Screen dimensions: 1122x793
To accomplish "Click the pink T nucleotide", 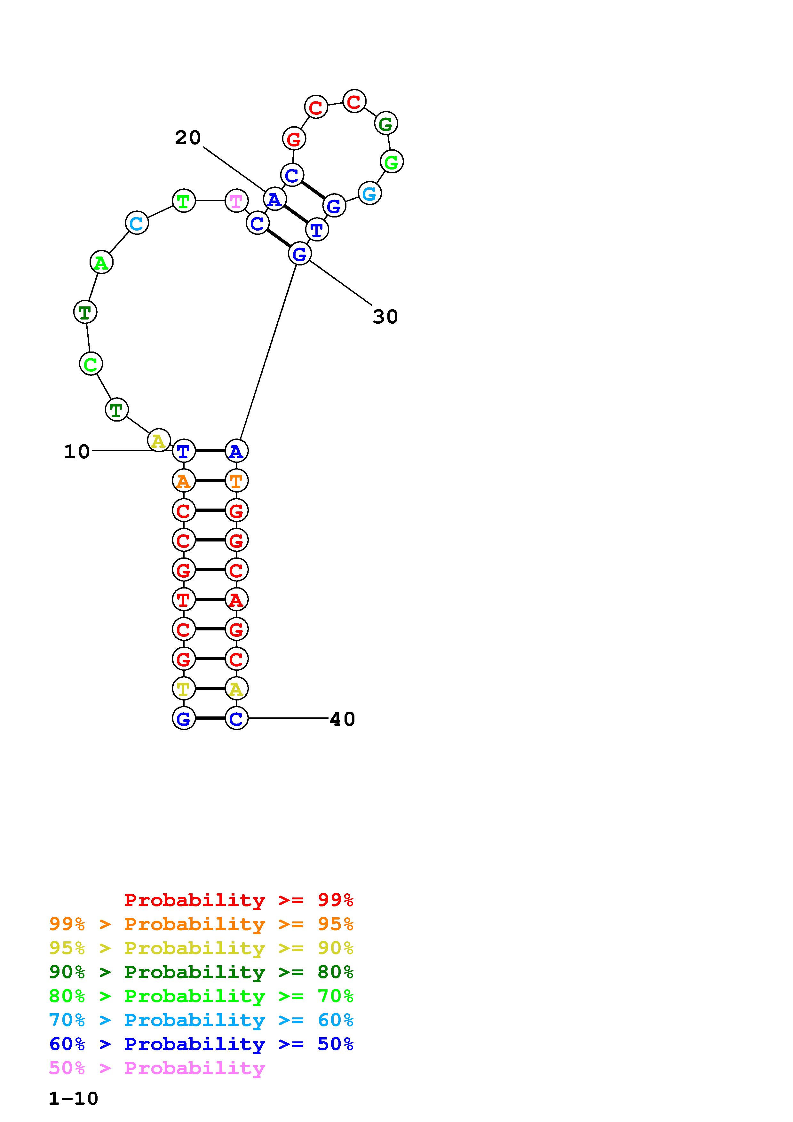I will (x=236, y=201).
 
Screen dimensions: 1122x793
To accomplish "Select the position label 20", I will (x=188, y=138).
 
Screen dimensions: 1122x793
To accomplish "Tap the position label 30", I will (x=385, y=317).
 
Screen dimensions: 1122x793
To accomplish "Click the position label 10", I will (x=77, y=452).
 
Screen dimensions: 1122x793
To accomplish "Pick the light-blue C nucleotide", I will (x=137, y=223).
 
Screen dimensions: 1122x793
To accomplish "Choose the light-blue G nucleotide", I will (x=369, y=193).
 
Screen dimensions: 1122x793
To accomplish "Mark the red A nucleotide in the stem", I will (x=236, y=600).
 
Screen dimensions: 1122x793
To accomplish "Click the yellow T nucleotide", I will (x=184, y=689).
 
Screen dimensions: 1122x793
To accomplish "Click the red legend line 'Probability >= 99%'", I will (x=239, y=900).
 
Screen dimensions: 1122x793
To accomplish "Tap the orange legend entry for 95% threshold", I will (x=201, y=924).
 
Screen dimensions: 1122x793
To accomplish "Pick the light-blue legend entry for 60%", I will (x=201, y=1020).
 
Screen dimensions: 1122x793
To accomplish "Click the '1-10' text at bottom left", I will (x=73, y=1099).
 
